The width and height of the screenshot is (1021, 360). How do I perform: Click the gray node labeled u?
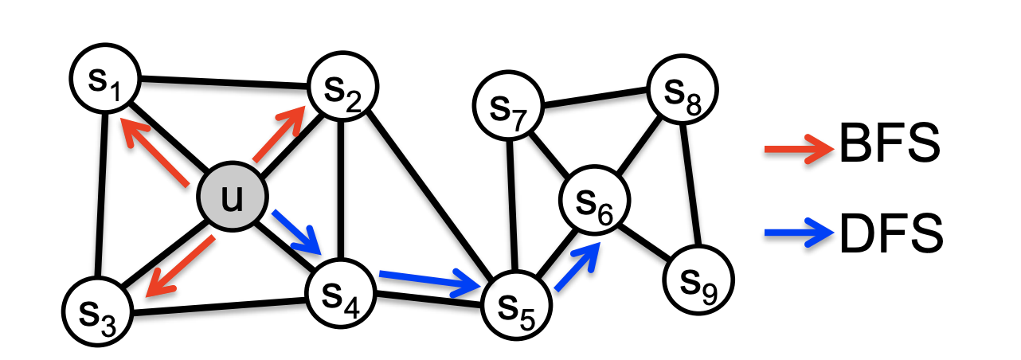tap(233, 198)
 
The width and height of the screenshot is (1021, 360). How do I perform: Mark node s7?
tap(683, 91)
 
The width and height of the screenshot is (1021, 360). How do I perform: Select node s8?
tap(698, 281)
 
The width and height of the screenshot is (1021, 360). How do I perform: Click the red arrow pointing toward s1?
tap(156, 151)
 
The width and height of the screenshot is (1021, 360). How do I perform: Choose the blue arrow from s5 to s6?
tap(575, 267)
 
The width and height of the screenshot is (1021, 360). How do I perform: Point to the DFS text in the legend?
tap(890, 233)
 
